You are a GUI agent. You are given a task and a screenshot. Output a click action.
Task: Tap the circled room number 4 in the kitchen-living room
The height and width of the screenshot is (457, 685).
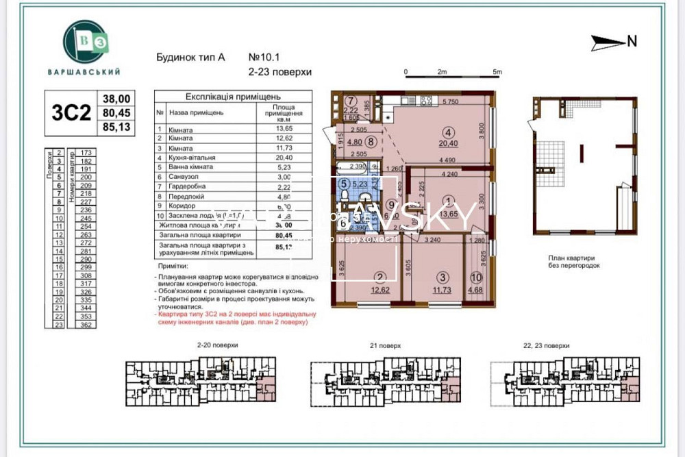449,132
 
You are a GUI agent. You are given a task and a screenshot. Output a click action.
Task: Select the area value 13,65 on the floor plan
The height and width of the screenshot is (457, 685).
449,213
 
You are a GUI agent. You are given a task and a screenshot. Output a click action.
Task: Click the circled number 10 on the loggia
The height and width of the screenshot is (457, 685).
476,277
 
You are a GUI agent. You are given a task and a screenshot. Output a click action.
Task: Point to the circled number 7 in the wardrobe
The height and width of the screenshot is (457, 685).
350,101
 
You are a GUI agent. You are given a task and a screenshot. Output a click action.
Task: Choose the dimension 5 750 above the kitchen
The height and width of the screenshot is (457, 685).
449,102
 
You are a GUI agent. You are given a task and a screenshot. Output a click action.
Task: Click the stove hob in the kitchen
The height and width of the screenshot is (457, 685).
425,101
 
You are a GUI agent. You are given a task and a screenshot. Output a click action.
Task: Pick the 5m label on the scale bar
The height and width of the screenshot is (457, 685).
497,72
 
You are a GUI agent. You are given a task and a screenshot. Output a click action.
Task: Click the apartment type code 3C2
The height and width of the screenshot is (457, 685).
71,113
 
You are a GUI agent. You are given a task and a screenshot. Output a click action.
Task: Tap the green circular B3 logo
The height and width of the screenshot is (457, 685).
85,42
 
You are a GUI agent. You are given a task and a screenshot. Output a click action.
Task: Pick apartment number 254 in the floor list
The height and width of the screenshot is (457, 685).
86,225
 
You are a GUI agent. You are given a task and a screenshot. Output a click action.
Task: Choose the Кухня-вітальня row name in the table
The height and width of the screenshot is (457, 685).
198,156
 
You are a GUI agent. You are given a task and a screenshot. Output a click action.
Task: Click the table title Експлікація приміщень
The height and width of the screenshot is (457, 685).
223,97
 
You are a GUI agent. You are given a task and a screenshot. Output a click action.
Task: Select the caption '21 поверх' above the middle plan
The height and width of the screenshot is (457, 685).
384,347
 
